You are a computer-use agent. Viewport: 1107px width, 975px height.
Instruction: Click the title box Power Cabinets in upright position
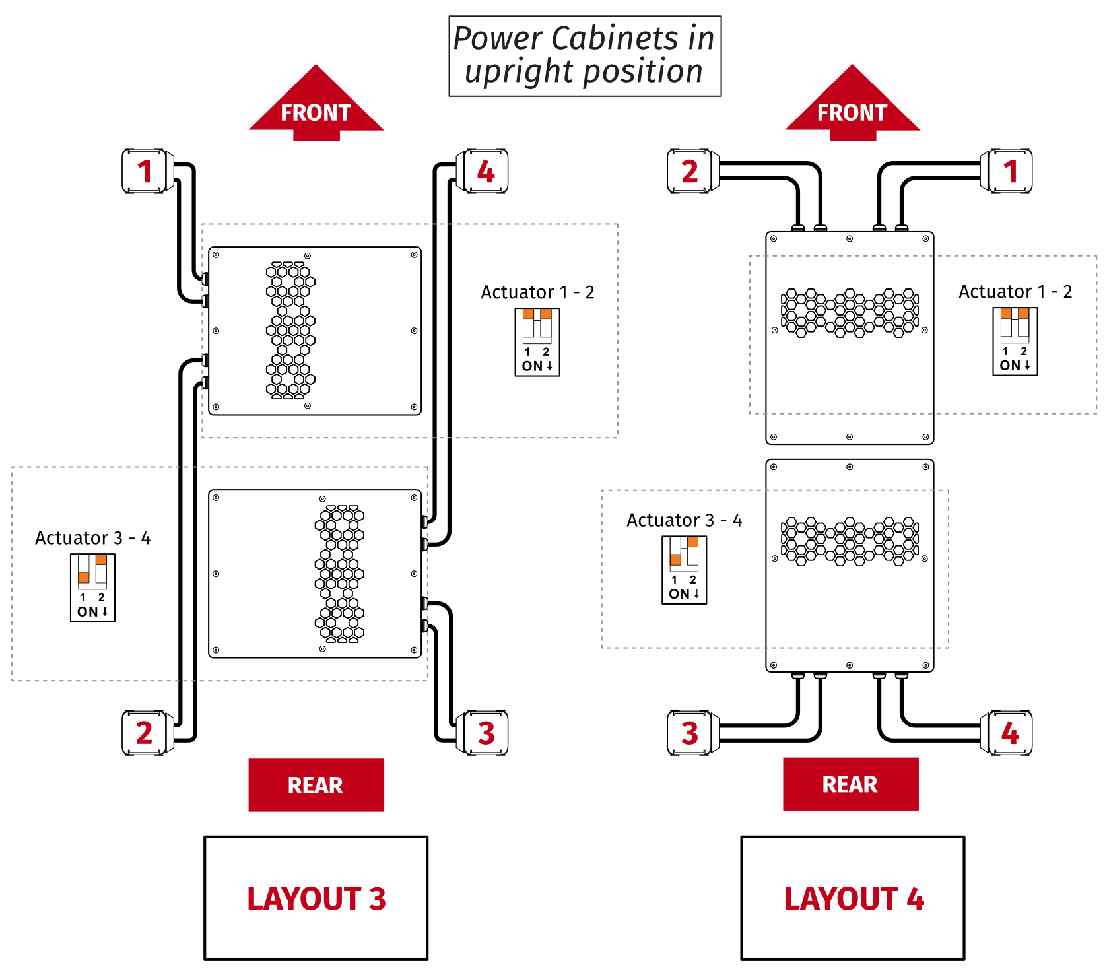[585, 56]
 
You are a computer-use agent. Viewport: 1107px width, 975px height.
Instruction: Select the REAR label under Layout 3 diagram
[316, 785]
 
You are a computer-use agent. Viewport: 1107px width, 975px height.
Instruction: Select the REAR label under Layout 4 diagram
[850, 784]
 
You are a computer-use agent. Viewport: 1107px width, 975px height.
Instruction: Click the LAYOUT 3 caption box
[316, 898]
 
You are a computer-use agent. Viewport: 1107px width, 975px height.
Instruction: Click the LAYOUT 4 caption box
[853, 898]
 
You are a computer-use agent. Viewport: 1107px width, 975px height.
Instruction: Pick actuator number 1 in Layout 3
[145, 171]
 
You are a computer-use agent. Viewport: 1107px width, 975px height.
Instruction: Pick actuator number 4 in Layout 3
[486, 171]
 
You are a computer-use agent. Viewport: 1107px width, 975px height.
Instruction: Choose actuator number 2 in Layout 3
[145, 733]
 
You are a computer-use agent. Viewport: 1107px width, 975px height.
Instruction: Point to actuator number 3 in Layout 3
[486, 733]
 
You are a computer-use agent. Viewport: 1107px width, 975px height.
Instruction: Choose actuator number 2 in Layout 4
[689, 171]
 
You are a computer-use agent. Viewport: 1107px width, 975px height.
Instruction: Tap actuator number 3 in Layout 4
[689, 733]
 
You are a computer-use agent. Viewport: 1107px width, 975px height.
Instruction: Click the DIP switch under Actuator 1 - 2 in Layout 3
[537, 342]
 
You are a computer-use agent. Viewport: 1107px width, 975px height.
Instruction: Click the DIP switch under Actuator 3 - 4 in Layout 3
[93, 588]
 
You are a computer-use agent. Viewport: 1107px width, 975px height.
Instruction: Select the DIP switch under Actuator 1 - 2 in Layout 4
[1015, 341]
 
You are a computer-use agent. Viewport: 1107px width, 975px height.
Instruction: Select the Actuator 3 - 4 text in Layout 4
[684, 520]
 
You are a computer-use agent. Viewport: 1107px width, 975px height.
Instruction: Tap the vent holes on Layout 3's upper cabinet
[290, 331]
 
